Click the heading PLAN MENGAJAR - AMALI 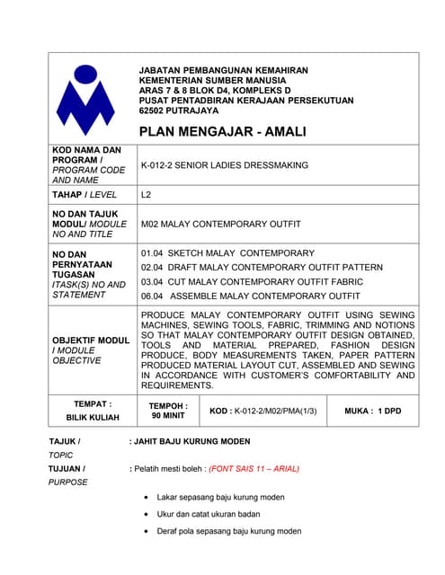[222, 131]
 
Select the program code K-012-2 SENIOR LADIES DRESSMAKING [224, 165]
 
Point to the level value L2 [147, 194]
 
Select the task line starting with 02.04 [262, 267]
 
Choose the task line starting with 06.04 [251, 296]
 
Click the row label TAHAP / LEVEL [85, 194]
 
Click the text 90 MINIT [168, 417]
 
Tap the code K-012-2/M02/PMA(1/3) [267, 411]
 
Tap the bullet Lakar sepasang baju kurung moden [220, 497]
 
